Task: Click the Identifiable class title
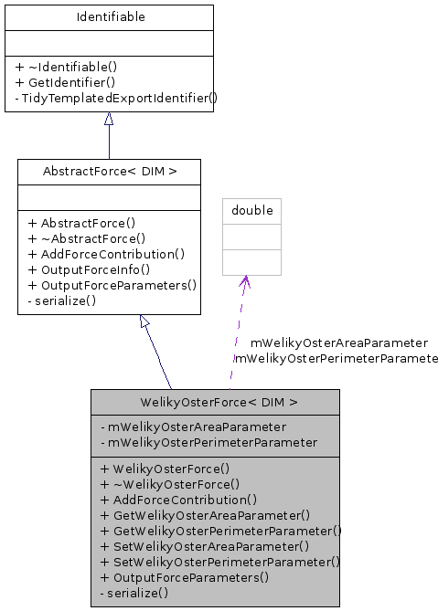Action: [109, 16]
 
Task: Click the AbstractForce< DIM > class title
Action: [109, 171]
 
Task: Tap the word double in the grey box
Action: [251, 210]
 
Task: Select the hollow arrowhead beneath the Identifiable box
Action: [109, 120]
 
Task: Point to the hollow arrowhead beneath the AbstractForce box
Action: [144, 321]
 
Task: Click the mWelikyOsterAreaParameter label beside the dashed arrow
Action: [338, 343]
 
